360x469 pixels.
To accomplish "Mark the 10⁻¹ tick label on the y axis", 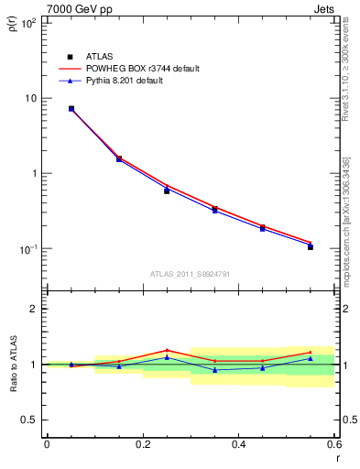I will pyautogui.click(x=27, y=249).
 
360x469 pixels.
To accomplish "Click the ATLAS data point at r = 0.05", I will pyautogui.click(x=71, y=109).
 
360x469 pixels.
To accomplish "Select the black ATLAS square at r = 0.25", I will pyautogui.click(x=167, y=191).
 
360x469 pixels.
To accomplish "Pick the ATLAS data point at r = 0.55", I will pyautogui.click(x=311, y=246).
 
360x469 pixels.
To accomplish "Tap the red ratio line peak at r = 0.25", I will pyautogui.click(x=167, y=350).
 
